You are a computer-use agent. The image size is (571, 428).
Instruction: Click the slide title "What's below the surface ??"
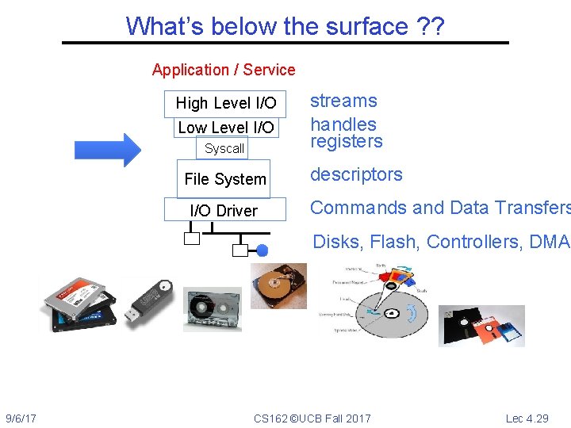coord(285,26)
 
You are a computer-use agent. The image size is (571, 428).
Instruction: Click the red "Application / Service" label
coord(224,70)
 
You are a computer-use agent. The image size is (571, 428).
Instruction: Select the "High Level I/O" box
coord(225,103)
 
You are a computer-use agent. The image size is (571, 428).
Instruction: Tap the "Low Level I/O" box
coord(226,128)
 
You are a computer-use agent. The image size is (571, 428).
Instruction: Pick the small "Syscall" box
coord(224,148)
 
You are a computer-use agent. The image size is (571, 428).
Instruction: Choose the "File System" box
coord(224,179)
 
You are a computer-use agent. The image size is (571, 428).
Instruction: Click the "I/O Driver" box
coord(224,210)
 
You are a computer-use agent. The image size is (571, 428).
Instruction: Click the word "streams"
coord(343,101)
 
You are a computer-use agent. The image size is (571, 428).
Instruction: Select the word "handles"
coord(343,124)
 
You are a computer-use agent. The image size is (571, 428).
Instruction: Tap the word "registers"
coord(347,142)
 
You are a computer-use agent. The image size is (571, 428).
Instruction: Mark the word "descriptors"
coord(356,174)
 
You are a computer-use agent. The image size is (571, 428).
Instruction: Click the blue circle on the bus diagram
coord(263,250)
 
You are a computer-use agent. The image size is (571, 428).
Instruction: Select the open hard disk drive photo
coord(278,285)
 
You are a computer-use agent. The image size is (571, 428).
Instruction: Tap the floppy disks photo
coord(481,325)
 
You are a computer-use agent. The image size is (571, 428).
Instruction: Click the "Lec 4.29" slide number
coord(527,418)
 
